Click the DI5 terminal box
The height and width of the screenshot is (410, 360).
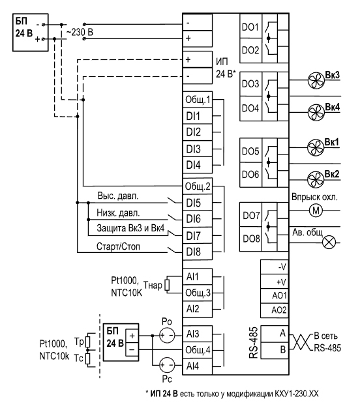click(x=197, y=203)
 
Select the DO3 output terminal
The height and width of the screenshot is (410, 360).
click(x=250, y=84)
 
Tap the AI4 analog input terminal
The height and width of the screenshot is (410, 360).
click(x=197, y=366)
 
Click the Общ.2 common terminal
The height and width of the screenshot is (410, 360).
click(x=197, y=186)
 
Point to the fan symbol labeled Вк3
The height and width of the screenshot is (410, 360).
click(x=316, y=80)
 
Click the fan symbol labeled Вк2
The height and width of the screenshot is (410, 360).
click(x=316, y=180)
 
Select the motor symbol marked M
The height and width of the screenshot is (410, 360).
click(x=316, y=211)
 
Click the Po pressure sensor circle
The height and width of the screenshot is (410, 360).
click(x=167, y=336)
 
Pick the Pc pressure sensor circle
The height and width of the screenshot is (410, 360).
click(x=167, y=365)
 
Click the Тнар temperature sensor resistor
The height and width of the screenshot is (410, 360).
click(x=167, y=285)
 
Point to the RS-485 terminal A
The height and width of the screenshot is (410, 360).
click(x=275, y=333)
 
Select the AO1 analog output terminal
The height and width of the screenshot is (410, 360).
click(x=275, y=296)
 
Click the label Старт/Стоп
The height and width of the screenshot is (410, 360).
click(x=118, y=246)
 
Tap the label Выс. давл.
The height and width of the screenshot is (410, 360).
click(x=118, y=196)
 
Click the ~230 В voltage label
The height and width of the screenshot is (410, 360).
click(x=80, y=33)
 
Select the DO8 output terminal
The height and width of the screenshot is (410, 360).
click(x=250, y=239)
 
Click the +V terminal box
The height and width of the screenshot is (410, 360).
click(x=275, y=282)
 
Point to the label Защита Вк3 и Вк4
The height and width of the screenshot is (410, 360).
click(x=130, y=228)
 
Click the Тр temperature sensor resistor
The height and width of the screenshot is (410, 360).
click(x=88, y=342)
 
